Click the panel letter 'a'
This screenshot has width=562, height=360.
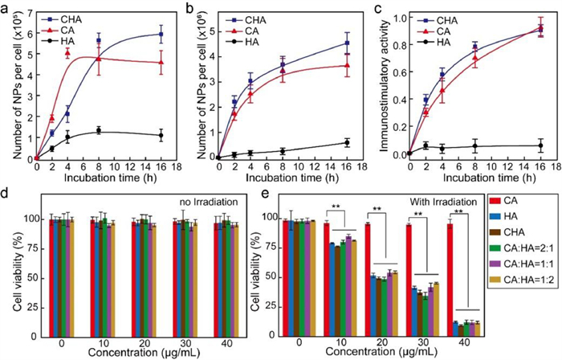tap(7, 7)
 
